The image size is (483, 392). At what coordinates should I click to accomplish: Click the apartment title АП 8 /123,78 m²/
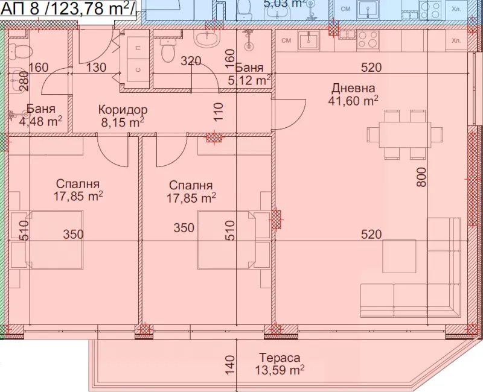(68, 8)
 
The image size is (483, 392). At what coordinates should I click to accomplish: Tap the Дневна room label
(353, 88)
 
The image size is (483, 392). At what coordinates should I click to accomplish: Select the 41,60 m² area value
(353, 101)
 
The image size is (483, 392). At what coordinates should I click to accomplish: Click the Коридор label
(123, 110)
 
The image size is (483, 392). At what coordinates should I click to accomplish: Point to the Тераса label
(280, 358)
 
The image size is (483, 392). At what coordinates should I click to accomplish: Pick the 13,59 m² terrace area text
(280, 370)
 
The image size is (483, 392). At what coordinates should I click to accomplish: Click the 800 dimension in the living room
(421, 177)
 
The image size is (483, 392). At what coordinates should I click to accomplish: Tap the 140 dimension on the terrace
(229, 365)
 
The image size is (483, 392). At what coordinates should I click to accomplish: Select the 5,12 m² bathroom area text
(249, 80)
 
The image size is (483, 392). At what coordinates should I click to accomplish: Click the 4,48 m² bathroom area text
(40, 121)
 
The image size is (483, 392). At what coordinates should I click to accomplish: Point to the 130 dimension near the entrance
(96, 68)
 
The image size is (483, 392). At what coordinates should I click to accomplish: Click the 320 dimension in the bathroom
(191, 61)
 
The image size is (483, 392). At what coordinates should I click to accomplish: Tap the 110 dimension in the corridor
(218, 112)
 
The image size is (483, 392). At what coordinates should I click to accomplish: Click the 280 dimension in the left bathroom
(24, 81)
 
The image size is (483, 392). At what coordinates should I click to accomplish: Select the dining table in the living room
(405, 134)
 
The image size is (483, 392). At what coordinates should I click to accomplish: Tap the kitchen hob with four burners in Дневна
(368, 40)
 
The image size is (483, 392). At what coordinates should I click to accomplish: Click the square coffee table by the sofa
(399, 256)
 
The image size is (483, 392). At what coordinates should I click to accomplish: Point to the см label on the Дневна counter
(286, 40)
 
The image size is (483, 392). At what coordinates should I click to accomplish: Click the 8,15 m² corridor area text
(123, 122)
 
